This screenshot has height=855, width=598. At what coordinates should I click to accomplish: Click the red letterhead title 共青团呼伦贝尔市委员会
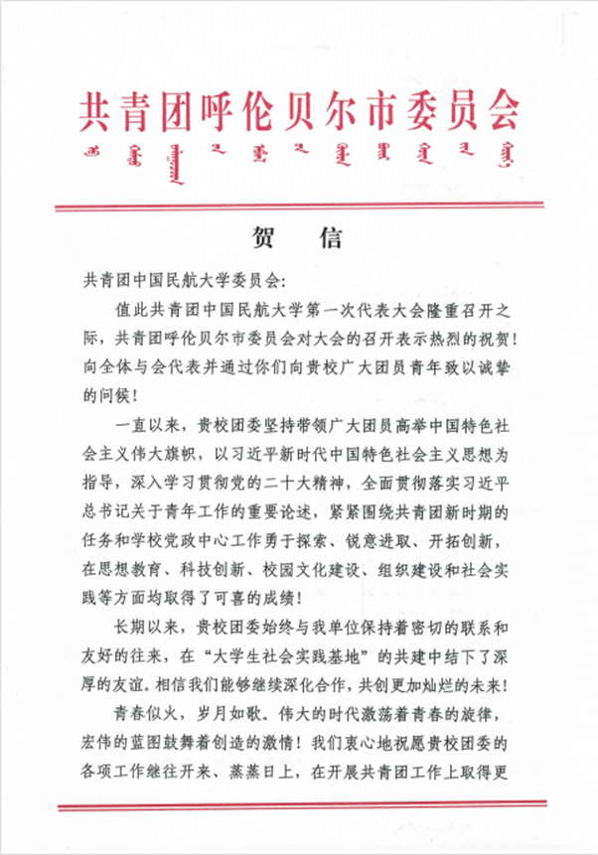298,112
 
